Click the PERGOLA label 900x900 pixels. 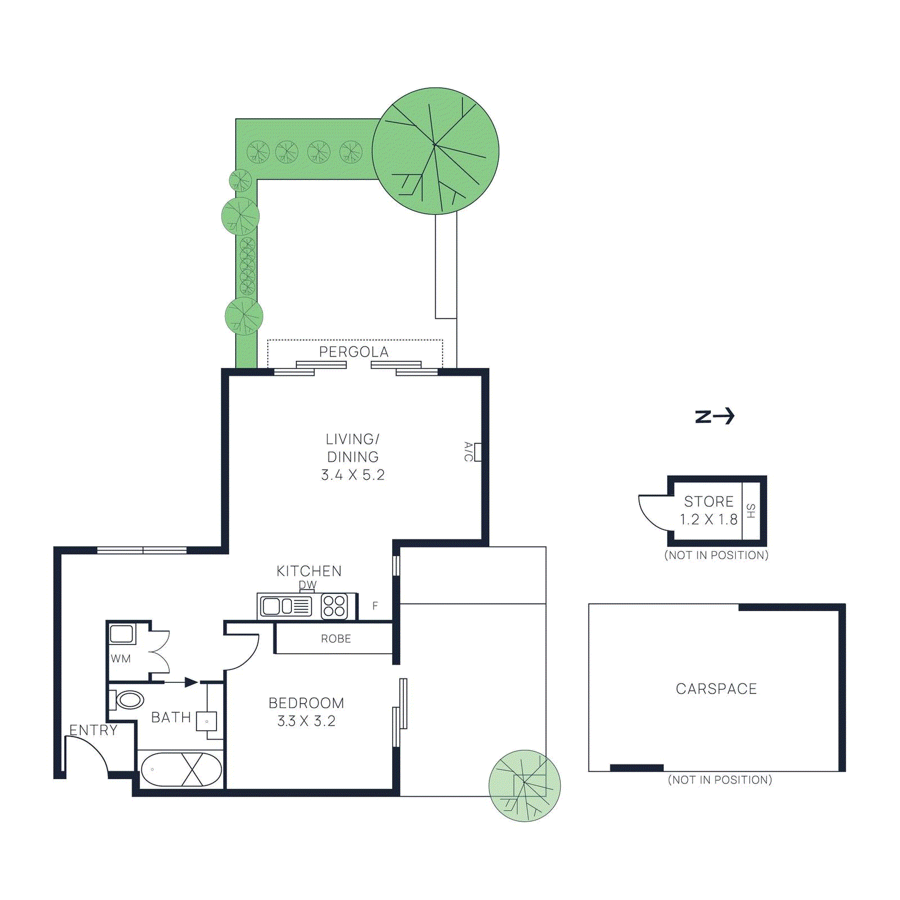tap(353, 352)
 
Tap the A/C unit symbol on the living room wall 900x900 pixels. tap(478, 452)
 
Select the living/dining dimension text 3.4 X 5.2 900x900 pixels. tap(353, 475)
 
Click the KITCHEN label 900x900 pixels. tap(309, 571)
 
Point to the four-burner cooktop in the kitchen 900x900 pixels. tap(334, 606)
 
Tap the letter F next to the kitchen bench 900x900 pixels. tap(375, 606)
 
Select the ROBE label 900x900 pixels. tap(336, 639)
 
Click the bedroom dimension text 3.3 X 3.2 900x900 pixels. tap(306, 721)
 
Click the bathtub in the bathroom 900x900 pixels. tap(181, 769)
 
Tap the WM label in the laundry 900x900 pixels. tap(120, 659)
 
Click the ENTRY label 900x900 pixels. tap(93, 730)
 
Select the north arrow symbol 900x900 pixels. tap(715, 416)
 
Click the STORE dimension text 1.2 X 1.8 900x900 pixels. tap(708, 520)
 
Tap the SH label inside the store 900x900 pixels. tap(751, 511)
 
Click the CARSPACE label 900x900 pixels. tap(716, 689)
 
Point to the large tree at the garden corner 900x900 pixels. tap(435, 151)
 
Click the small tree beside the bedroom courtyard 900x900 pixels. tap(524, 785)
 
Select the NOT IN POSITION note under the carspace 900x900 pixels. tap(719, 780)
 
